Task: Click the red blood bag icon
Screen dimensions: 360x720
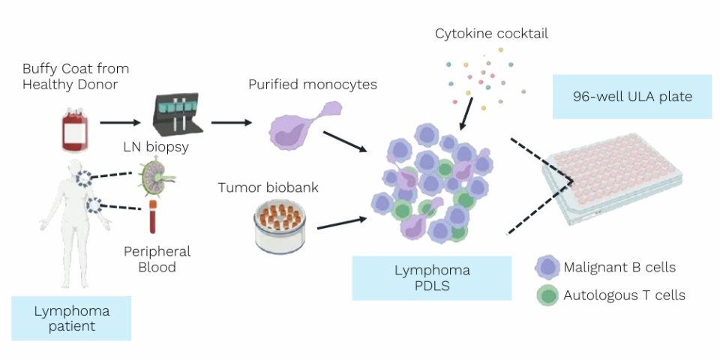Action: [x=74, y=129]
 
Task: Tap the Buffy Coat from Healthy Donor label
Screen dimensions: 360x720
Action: [x=70, y=76]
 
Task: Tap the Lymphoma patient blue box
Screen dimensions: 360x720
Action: [x=71, y=318]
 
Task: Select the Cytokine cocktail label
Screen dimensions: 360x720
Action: [x=492, y=34]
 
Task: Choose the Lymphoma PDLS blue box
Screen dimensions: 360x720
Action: [x=432, y=277]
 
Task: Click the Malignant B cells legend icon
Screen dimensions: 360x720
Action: [x=547, y=267]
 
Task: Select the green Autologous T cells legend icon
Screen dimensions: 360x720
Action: [x=547, y=295]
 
